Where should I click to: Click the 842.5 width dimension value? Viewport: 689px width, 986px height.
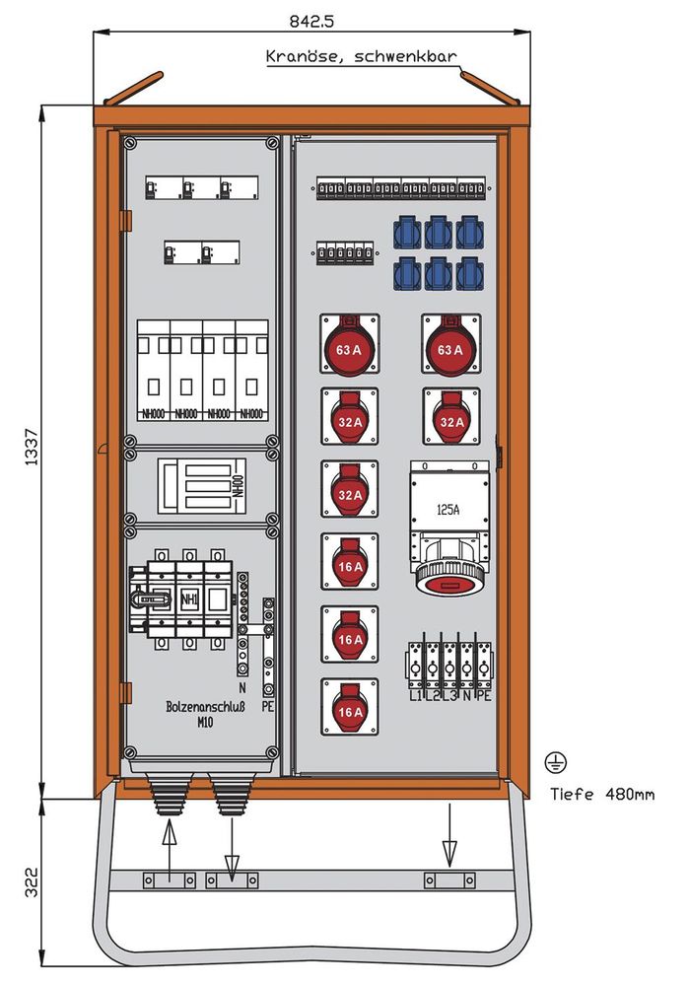coord(311,20)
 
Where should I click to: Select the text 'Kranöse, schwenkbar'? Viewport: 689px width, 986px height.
coord(361,57)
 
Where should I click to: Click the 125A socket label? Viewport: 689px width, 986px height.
coord(448,510)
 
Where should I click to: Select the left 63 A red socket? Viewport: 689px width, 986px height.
coord(350,347)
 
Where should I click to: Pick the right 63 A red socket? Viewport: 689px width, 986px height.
coord(451,347)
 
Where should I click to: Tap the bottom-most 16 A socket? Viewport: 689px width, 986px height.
coord(350,708)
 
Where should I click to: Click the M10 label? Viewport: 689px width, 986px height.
coord(205,724)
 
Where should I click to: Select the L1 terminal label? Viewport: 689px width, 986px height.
coord(415,696)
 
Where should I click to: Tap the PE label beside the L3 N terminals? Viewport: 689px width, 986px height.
coord(483,696)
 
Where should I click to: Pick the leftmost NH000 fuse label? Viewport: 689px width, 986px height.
coord(154,414)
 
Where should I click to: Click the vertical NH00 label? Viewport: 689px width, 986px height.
coord(237,486)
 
